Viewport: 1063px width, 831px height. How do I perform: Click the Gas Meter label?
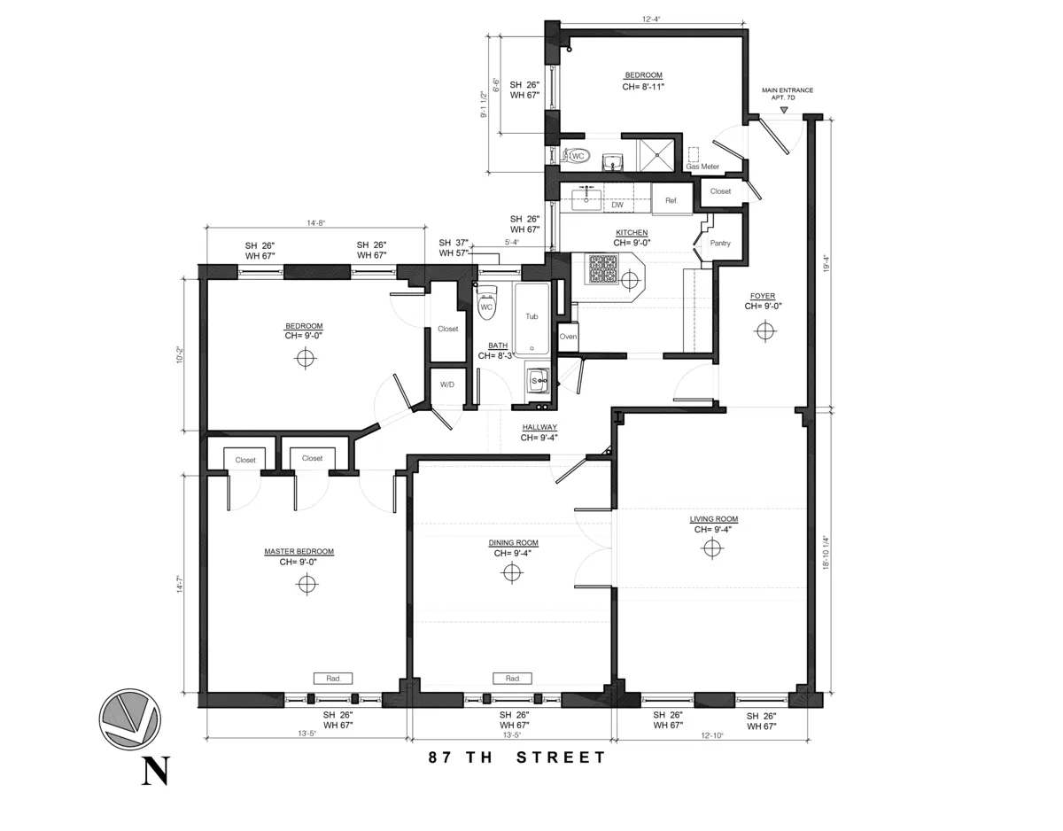(702, 167)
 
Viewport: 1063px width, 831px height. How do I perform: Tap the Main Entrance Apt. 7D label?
(787, 94)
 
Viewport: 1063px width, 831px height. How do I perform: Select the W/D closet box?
(447, 384)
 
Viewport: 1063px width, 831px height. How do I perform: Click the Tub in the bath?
(531, 317)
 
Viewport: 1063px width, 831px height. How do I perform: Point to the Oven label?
(568, 337)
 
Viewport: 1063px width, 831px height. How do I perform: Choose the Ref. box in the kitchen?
(671, 201)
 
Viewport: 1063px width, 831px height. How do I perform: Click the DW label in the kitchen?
(617, 206)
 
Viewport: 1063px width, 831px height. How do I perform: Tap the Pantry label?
(720, 243)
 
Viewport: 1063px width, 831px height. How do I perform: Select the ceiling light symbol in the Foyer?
(764, 330)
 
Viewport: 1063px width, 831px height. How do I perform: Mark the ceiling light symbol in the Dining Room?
(511, 572)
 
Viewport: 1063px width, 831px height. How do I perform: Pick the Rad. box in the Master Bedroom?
(333, 678)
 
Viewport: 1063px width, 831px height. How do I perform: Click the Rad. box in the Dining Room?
(512, 678)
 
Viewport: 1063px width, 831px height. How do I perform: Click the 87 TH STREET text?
(517, 757)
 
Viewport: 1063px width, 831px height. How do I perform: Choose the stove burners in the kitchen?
(605, 269)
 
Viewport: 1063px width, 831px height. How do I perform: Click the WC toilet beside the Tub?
(485, 305)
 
